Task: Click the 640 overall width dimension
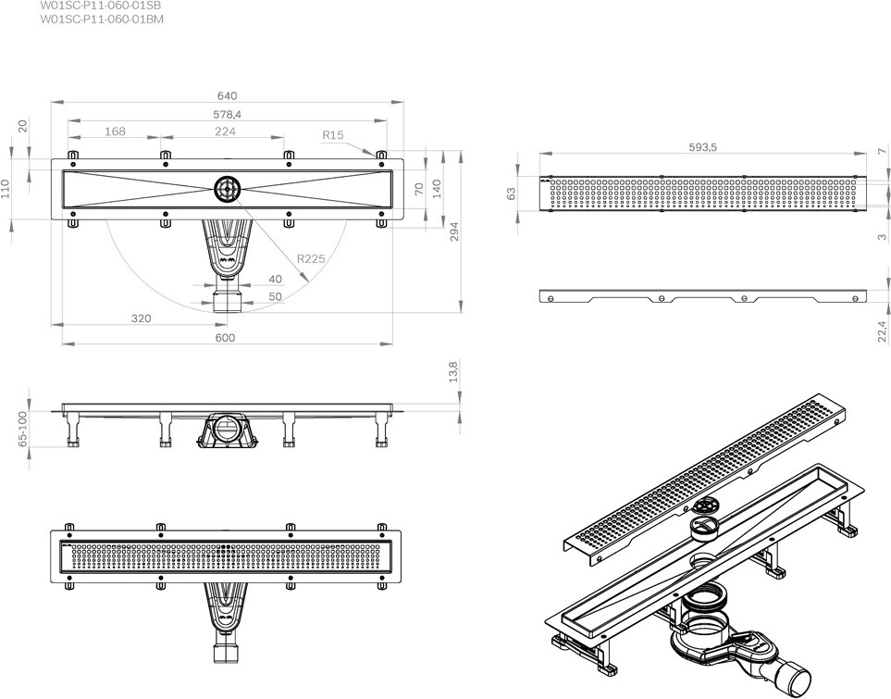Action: point(227,96)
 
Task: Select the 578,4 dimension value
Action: point(227,114)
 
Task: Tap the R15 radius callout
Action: point(333,135)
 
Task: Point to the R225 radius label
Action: point(312,259)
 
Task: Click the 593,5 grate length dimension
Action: point(703,147)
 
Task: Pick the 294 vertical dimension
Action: point(454,231)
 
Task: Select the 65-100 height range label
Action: point(23,429)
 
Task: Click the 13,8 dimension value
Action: point(453,372)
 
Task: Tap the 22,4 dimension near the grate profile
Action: point(882,331)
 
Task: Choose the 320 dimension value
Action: point(142,318)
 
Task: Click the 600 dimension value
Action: point(225,338)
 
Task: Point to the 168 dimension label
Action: point(115,131)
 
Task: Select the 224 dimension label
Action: point(225,131)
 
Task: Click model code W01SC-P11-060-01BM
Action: point(102,19)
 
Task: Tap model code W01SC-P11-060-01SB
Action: point(101,6)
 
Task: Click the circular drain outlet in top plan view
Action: point(229,189)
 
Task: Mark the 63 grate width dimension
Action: point(512,193)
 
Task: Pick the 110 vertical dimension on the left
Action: point(6,188)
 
